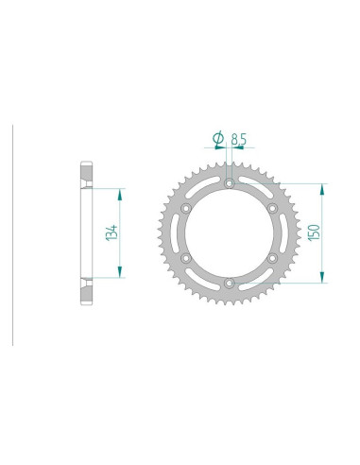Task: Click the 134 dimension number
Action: [112, 232]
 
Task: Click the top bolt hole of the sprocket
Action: [229, 182]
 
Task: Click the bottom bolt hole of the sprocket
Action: [229, 281]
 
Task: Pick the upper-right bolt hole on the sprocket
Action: [271, 207]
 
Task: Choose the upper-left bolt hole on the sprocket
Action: [186, 207]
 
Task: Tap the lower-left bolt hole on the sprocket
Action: [186, 256]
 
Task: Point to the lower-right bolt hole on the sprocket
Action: [271, 256]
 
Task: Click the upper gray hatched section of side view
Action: [87, 176]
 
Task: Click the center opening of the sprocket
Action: [229, 232]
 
